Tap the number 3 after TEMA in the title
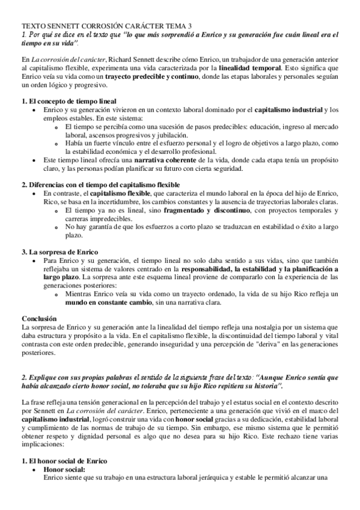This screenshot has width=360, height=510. pos(191,26)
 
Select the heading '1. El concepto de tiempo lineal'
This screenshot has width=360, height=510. pos(69,100)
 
